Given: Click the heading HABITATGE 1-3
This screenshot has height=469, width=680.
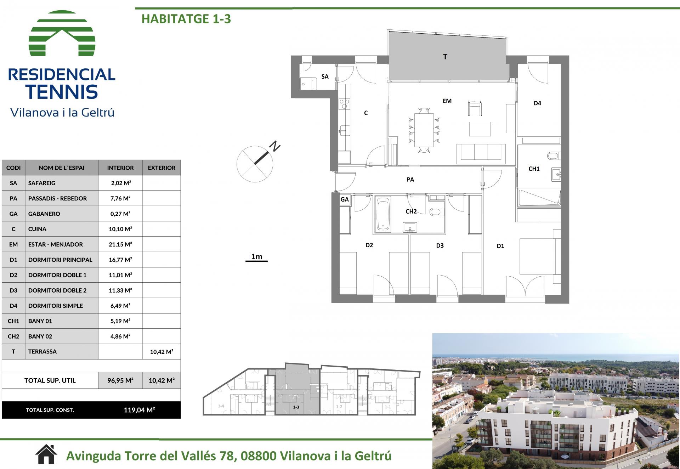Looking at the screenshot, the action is (186, 19).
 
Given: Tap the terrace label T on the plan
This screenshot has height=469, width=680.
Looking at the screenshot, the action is (445, 57).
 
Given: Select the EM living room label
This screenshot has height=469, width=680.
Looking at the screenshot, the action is (447, 101).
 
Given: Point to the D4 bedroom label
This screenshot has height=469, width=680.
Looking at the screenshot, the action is (537, 103).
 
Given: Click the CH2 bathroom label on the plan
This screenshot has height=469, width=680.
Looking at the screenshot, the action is (411, 211).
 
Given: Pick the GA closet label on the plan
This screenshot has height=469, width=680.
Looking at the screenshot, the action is (345, 199).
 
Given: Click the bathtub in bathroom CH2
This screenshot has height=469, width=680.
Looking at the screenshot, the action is (383, 214).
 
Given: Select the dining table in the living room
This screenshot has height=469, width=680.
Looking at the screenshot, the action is (424, 130).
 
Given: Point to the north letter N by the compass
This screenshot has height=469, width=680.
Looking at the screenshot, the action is (275, 146).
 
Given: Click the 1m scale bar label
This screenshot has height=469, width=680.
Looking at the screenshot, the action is (257, 256).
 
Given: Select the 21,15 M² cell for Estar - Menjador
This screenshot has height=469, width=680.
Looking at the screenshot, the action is (120, 244).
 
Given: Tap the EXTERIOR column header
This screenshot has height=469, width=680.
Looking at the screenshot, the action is (161, 168).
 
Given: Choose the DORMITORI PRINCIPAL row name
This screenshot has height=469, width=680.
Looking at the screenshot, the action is (60, 260).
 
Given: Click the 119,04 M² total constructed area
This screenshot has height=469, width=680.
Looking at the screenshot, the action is (140, 410).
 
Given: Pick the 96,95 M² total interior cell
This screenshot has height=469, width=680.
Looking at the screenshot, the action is (120, 380).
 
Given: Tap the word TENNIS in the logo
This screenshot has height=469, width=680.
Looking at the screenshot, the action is (62, 92).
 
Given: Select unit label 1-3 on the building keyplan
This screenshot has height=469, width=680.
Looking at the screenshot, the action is (296, 407).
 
